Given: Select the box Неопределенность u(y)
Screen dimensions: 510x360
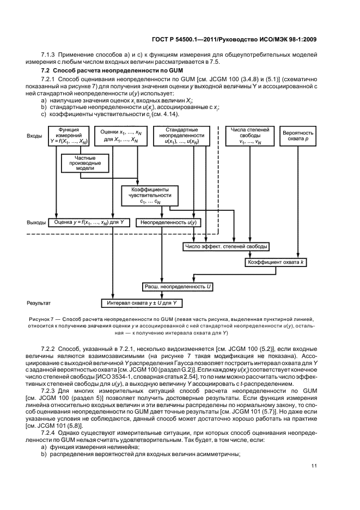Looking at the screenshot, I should point(168,223).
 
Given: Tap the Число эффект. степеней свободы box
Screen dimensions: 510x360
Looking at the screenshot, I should point(226,247).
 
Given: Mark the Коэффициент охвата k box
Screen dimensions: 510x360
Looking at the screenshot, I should point(277,262).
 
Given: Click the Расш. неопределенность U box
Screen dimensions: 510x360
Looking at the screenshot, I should point(170,286).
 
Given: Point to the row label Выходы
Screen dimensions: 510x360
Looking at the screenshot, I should point(36,223).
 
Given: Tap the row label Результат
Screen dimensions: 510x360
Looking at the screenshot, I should point(39,302).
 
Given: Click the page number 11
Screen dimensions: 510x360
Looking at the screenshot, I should point(314,465).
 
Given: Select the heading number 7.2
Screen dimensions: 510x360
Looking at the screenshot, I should point(46,71).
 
